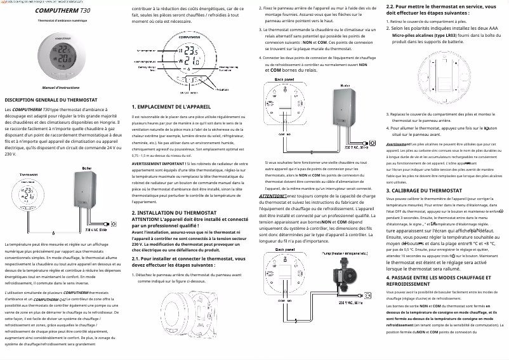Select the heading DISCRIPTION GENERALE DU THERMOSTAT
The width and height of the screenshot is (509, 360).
(x=51, y=100)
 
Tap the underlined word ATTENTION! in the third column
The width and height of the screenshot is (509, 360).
(x=272, y=196)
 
